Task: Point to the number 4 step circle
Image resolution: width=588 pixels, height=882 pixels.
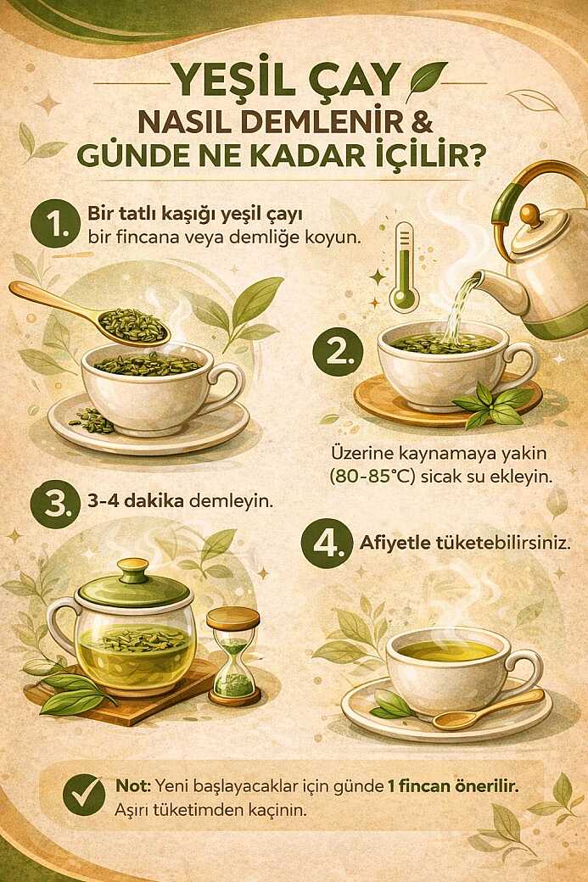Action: [x=322, y=544]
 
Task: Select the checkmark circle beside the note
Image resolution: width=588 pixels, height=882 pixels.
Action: [x=83, y=795]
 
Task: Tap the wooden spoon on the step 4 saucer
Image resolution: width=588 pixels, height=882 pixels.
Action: [x=487, y=710]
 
